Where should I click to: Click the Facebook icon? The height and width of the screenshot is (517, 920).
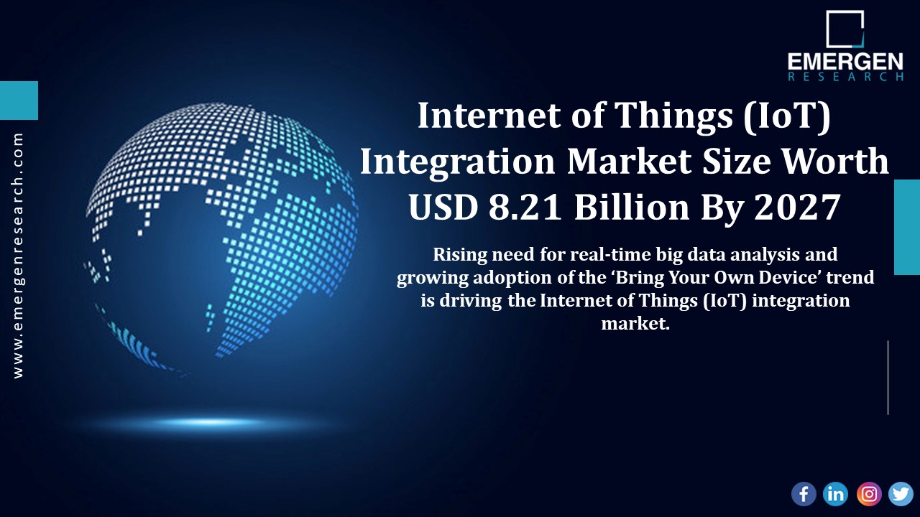804,493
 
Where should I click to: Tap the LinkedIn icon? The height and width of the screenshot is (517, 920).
836,493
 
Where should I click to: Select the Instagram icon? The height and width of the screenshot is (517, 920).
869,493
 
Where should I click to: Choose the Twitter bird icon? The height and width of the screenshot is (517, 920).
901,493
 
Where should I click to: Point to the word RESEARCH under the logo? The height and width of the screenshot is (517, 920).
845,76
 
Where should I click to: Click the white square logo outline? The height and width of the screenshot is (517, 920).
845,29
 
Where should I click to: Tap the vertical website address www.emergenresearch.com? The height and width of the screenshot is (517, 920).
18,255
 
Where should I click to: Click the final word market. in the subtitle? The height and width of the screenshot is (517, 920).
635,323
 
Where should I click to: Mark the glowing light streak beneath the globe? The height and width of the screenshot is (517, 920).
208,421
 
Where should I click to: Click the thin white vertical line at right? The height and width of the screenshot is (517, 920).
888,378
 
